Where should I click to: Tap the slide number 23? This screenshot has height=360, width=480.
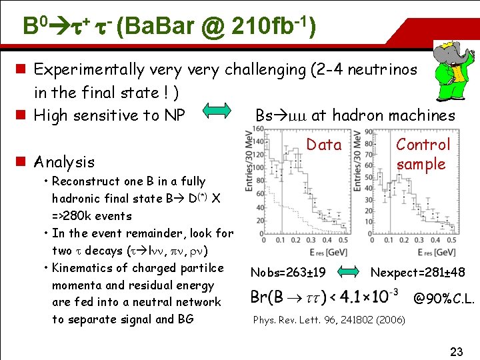pos(456,351)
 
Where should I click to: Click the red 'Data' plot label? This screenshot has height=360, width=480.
pos(323,145)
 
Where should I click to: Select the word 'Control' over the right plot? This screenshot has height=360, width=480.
pos(423,145)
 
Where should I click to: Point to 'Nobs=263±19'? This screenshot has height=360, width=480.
pos(287,272)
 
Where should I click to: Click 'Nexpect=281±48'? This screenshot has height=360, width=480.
pos(418,272)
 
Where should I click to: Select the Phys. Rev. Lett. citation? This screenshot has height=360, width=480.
pos(329,320)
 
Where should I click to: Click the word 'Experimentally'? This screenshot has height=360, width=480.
pos(89,69)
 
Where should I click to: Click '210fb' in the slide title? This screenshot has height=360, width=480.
pos(264,27)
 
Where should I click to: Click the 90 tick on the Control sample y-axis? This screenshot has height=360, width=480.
pos(368,132)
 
